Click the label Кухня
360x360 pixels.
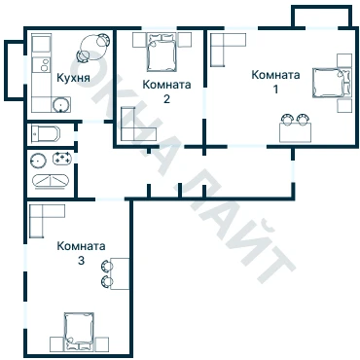(x=73, y=78)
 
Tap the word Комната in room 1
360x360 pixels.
(x=275, y=75)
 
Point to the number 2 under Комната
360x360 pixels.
(x=166, y=98)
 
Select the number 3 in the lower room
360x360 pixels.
(x=81, y=260)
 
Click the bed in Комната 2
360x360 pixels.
(x=162, y=53)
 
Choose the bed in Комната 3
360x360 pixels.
(x=79, y=331)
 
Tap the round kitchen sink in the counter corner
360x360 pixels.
(x=60, y=104)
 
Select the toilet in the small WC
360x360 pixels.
(x=46, y=133)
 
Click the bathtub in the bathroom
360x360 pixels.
(x=51, y=181)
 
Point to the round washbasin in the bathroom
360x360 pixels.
(x=38, y=161)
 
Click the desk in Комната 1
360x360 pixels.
(x=295, y=132)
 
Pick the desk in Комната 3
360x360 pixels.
(x=120, y=273)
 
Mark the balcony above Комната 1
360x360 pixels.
(x=322, y=17)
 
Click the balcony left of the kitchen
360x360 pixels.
(x=14, y=70)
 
